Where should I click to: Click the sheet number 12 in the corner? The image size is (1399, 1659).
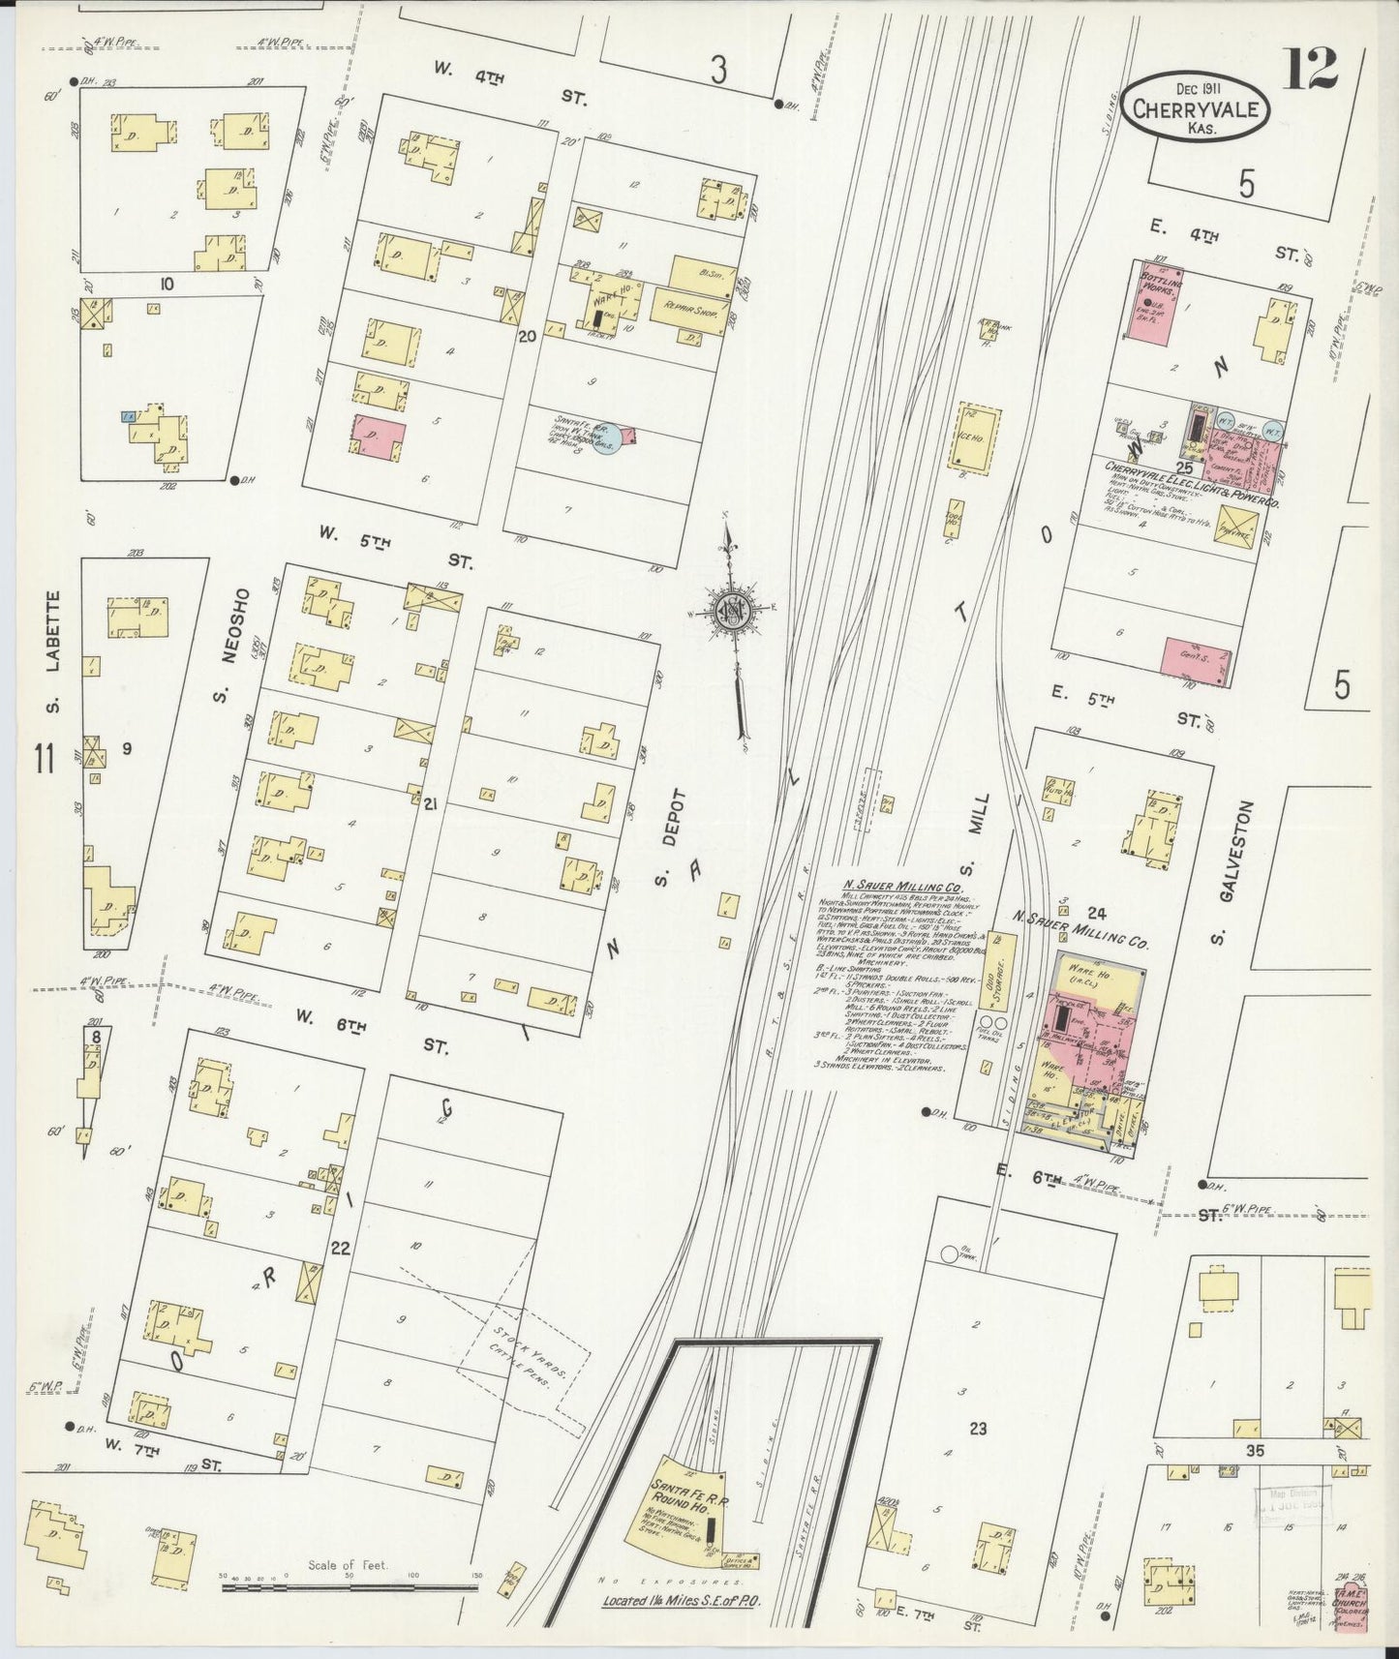(x=1311, y=68)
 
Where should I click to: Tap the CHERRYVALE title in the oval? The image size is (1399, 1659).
(x=1197, y=109)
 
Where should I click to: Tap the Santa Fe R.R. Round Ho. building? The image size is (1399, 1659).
(x=697, y=1517)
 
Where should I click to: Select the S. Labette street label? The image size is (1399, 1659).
(x=53, y=650)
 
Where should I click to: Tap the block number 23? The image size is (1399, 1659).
(x=977, y=1428)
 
